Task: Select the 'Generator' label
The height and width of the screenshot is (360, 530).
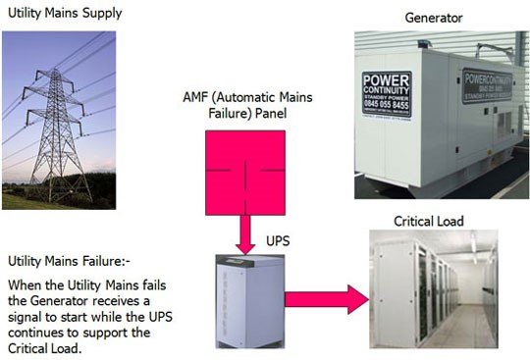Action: click(434, 18)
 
